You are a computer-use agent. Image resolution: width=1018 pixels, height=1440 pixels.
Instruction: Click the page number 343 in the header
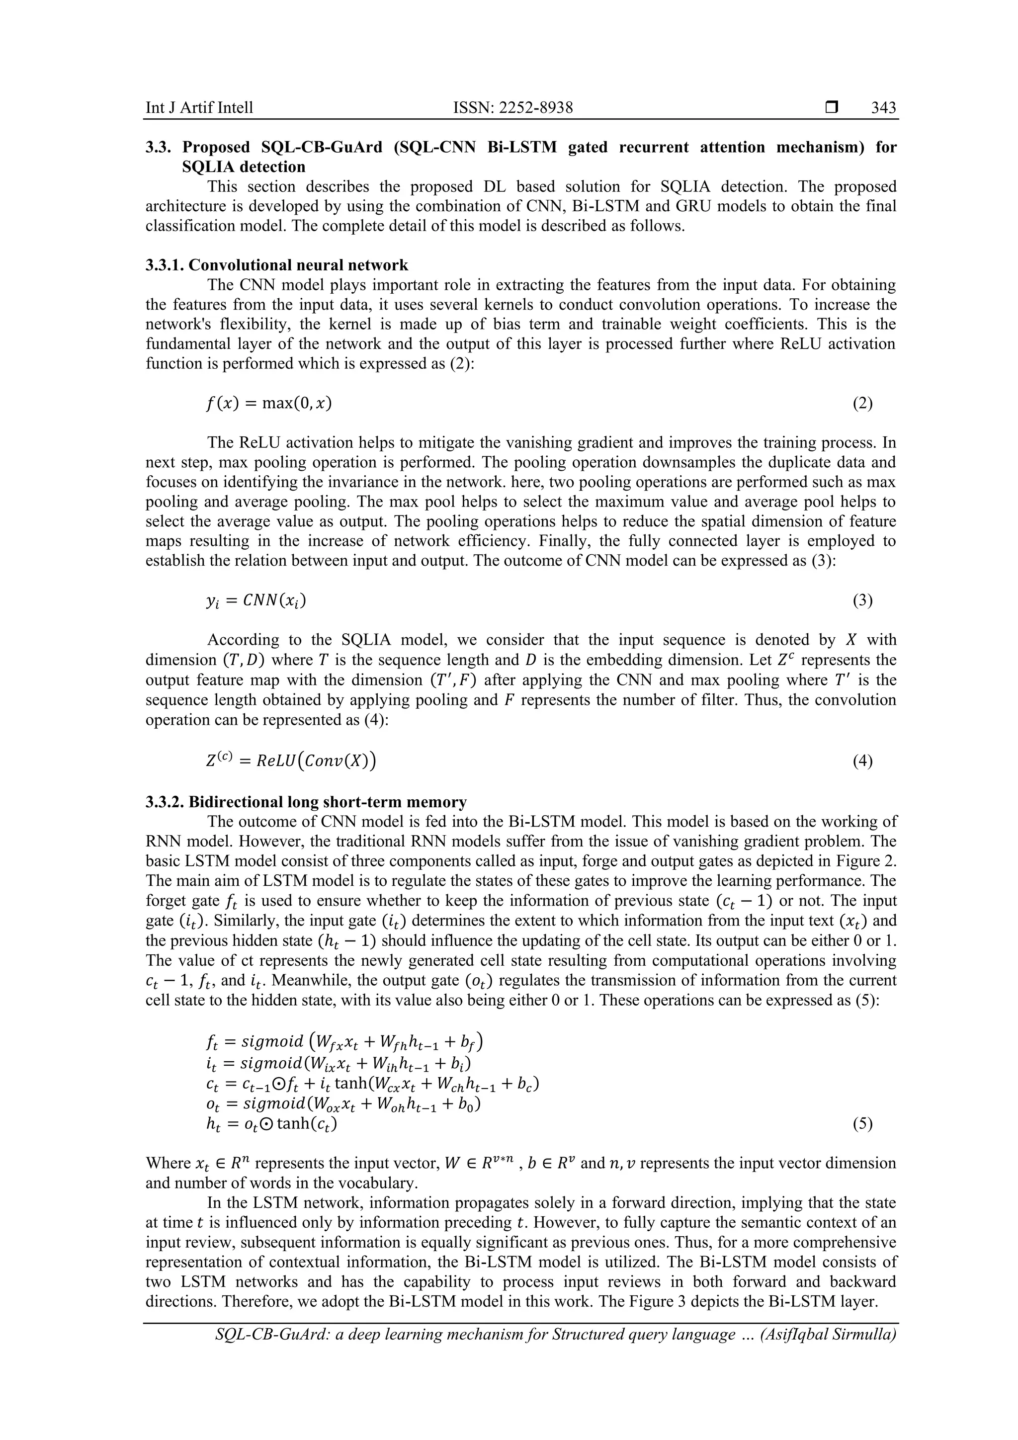[883, 108]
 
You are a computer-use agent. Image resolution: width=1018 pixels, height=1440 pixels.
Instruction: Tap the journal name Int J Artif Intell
[199, 108]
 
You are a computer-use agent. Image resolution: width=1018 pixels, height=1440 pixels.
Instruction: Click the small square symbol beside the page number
[831, 108]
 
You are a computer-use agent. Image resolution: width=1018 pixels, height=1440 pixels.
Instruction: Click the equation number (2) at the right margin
[862, 403]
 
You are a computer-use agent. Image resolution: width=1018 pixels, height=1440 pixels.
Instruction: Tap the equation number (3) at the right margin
[862, 600]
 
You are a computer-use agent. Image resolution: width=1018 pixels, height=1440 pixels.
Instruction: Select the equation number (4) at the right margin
[862, 762]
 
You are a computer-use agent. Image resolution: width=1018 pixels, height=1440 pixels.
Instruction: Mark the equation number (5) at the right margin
[862, 1124]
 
